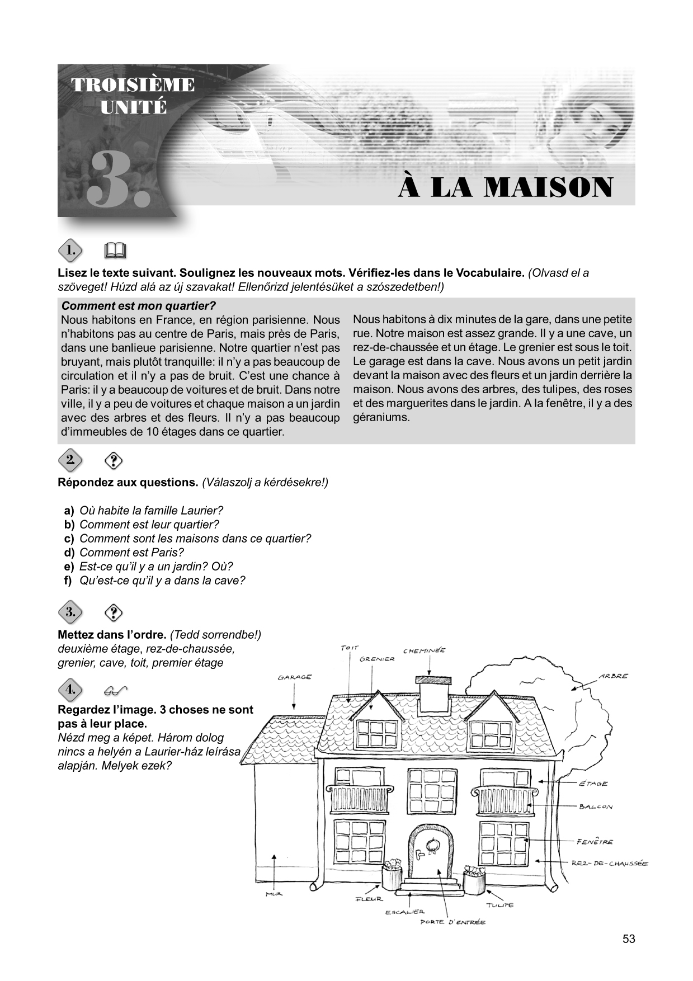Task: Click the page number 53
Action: click(629, 939)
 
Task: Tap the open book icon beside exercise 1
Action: click(115, 251)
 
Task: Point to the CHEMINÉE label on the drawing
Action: click(424, 650)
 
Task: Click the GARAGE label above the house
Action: click(295, 677)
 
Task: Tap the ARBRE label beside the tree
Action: click(613, 676)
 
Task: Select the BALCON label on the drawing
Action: click(596, 807)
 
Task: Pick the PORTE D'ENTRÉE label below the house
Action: click(453, 922)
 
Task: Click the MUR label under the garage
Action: click(274, 894)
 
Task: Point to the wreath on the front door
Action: click(432, 845)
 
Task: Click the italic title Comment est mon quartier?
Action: click(138, 306)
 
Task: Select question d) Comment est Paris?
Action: click(131, 553)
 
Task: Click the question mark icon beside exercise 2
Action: click(114, 461)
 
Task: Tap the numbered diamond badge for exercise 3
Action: click(70, 612)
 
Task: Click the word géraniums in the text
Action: click(381, 417)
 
